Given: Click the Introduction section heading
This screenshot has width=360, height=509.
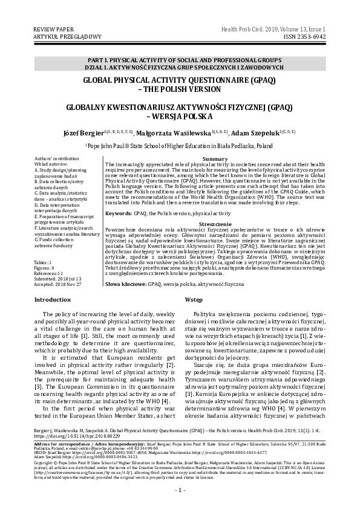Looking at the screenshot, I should [x=53, y=300].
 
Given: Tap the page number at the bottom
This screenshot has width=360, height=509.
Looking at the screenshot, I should [x=180, y=488].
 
